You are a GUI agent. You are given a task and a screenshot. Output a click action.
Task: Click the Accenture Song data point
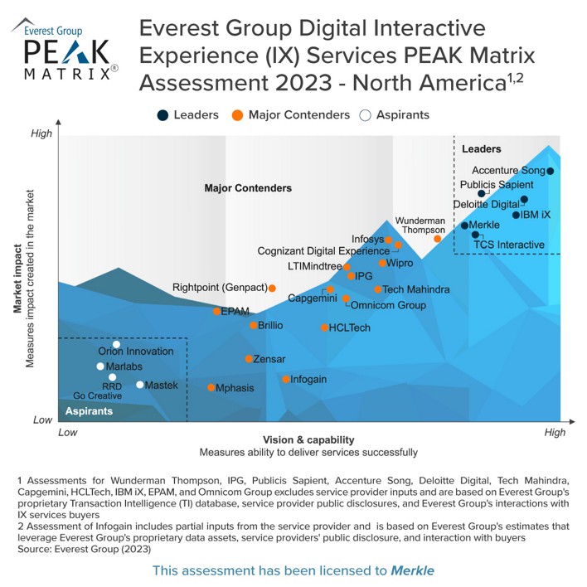coord(550,172)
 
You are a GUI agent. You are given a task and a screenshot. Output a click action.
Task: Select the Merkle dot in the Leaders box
coord(464,226)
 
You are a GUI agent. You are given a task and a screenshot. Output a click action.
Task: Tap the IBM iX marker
coord(516,215)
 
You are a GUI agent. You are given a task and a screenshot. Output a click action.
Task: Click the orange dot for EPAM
coord(217,312)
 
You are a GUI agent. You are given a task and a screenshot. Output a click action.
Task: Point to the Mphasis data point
coord(211,387)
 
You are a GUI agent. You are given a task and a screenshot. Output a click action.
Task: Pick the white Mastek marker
coord(139,385)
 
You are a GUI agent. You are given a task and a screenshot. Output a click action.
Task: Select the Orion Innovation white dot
coord(117,344)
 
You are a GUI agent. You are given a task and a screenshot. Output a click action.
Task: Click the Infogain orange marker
coord(286,380)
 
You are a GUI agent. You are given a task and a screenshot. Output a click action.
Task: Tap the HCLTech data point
coord(325,327)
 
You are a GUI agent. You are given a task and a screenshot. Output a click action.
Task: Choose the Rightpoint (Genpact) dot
coord(272,288)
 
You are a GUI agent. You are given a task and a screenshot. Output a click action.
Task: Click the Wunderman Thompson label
coord(420,226)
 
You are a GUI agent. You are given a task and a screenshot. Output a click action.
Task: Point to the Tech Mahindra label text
coord(416,289)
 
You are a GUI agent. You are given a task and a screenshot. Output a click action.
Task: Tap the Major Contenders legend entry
coord(285,115)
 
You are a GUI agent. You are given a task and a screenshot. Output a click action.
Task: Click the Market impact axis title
coord(17,275)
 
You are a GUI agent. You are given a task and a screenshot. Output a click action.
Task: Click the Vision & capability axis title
coord(308,439)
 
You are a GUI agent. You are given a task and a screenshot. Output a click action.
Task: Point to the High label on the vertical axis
coord(41,133)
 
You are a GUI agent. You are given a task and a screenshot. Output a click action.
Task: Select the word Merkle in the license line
coord(413,570)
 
